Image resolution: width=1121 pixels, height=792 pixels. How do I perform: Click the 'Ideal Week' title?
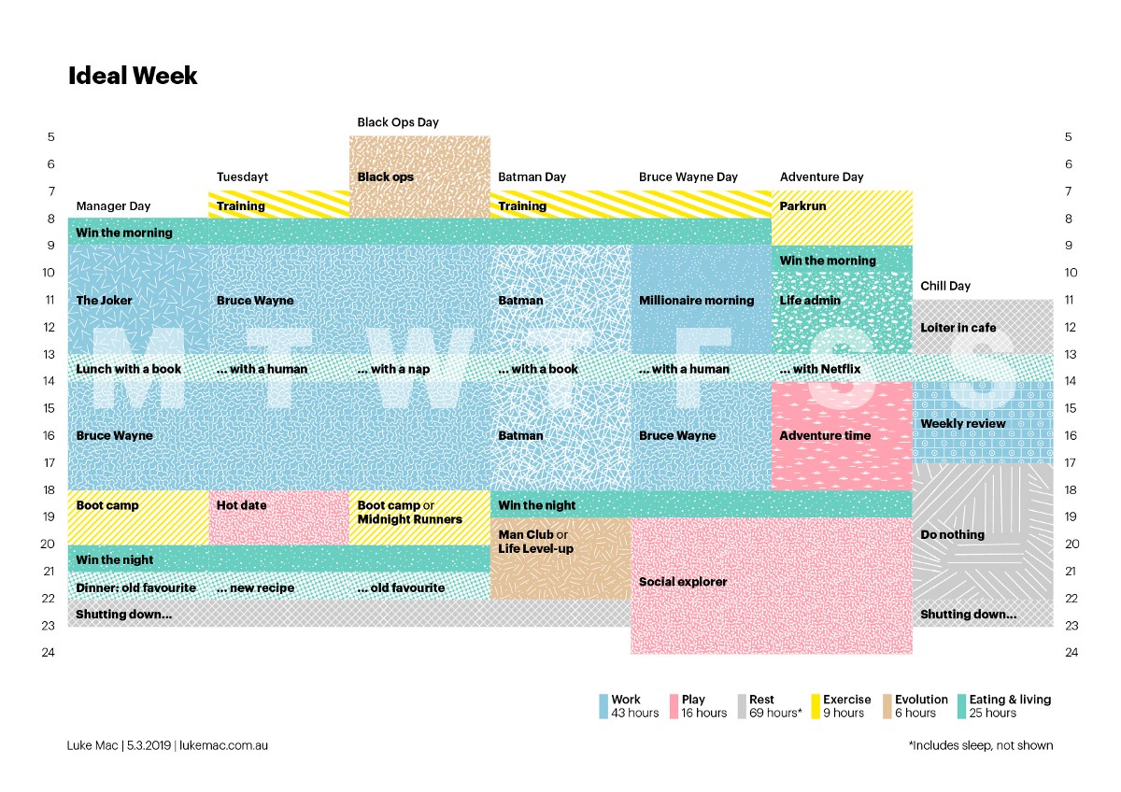coord(133,77)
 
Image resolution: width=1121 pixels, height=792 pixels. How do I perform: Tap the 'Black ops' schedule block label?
coord(385,177)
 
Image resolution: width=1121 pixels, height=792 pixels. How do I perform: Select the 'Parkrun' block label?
coord(802,205)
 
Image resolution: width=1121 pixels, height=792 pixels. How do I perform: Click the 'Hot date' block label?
coord(241,505)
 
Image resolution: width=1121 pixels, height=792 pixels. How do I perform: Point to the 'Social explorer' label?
coord(683,582)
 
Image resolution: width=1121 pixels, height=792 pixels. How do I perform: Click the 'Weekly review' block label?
coord(963,423)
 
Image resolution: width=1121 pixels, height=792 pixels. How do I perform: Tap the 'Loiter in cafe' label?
coord(958,328)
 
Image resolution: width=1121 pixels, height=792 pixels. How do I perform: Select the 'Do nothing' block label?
coord(952,534)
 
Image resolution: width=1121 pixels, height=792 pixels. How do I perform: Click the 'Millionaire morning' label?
coord(696,300)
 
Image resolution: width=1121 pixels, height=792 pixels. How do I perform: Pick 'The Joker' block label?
coord(105,300)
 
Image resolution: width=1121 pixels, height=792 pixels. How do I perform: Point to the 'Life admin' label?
coord(810,300)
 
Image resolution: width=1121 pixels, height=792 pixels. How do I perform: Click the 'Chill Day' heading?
coord(945,286)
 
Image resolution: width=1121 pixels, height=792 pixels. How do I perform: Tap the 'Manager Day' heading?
coord(113,205)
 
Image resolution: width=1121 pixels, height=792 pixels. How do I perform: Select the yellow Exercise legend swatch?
coord(816,706)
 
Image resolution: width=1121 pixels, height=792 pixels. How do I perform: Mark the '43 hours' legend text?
coord(634,714)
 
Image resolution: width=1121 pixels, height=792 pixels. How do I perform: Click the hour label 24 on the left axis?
coord(48,653)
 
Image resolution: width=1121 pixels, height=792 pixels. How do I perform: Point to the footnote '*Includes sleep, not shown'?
coord(980,745)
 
